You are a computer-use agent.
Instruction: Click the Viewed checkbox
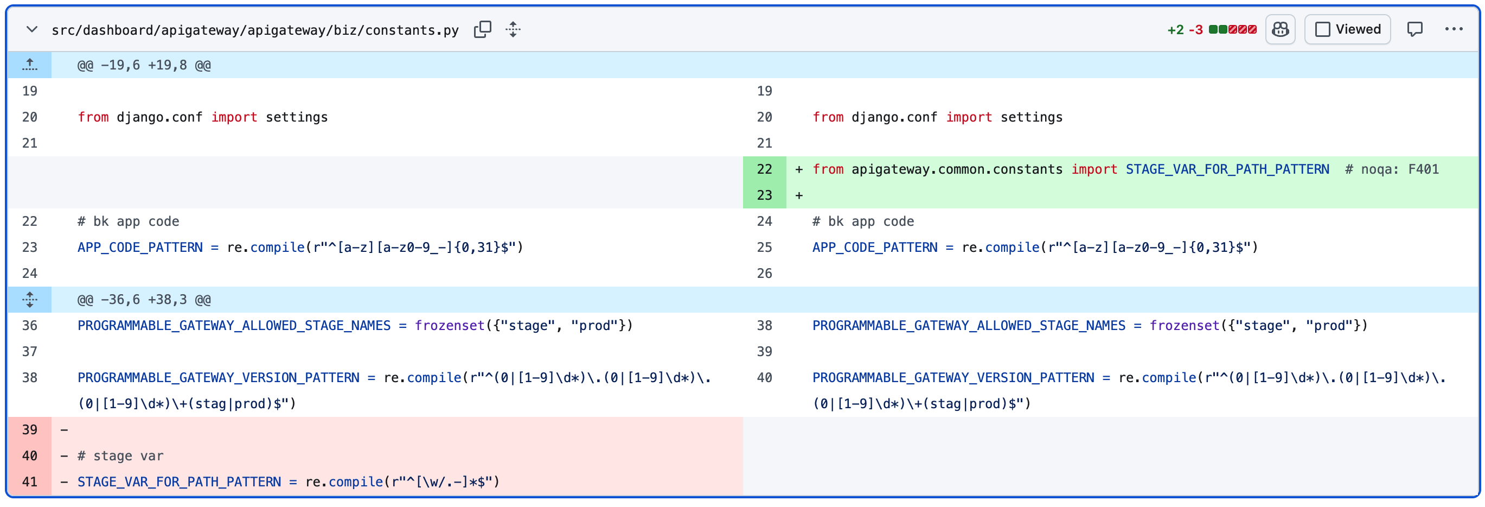click(1322, 29)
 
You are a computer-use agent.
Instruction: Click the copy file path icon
click(483, 29)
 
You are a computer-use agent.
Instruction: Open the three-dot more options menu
click(1454, 29)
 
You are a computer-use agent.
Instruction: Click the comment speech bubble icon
click(1414, 29)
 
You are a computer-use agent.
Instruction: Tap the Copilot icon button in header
click(1281, 29)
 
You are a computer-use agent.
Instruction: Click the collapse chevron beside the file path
click(31, 29)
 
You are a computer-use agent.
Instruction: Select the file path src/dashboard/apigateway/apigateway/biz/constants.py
click(255, 30)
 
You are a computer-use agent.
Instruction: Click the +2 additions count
click(1175, 30)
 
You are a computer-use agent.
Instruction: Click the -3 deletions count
click(1195, 30)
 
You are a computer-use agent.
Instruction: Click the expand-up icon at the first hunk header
click(29, 65)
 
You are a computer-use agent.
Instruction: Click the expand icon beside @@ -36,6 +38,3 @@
click(29, 299)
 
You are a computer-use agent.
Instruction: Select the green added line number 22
click(764, 169)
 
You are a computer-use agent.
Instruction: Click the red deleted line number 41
click(29, 481)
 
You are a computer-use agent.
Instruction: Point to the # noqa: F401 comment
click(1392, 169)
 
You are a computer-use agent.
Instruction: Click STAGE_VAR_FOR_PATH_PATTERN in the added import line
click(1227, 169)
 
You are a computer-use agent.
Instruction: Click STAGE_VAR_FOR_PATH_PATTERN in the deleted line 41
click(180, 481)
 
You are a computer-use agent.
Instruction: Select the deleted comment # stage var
click(120, 455)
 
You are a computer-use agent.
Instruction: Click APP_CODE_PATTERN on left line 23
click(140, 248)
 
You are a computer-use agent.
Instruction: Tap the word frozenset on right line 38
click(1185, 325)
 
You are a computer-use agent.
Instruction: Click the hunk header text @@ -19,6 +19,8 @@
click(144, 65)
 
